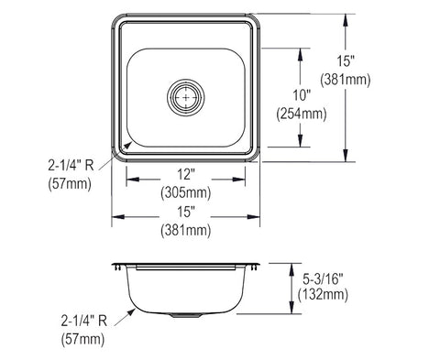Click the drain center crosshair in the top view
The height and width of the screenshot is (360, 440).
(x=186, y=97)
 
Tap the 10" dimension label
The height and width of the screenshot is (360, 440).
(x=302, y=95)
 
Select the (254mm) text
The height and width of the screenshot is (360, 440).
(x=302, y=115)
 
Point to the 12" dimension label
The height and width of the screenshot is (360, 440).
(x=186, y=174)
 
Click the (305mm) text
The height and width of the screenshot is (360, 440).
(x=186, y=192)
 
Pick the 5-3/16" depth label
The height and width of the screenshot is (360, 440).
(x=323, y=278)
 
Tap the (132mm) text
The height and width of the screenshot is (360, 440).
(x=323, y=295)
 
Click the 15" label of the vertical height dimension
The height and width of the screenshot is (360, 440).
(x=346, y=60)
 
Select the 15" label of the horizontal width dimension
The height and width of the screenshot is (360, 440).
(x=186, y=212)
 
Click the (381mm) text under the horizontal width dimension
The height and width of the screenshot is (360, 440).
(x=186, y=230)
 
